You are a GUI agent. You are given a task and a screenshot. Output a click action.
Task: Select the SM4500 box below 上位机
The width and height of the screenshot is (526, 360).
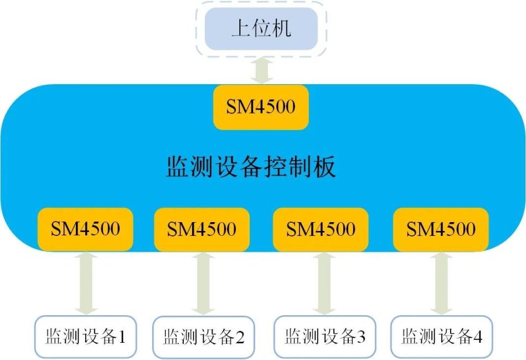click(x=260, y=107)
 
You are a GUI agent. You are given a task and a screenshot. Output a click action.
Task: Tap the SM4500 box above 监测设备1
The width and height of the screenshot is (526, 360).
click(x=86, y=229)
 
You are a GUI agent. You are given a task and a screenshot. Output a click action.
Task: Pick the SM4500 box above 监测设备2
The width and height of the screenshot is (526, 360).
click(x=202, y=229)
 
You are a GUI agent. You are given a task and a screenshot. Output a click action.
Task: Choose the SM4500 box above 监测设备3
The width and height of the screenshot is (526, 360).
click(x=321, y=229)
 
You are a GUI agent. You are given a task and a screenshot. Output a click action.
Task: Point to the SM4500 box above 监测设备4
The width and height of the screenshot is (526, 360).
click(x=441, y=229)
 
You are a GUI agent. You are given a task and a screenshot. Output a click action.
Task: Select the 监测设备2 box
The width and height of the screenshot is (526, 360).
click(x=203, y=336)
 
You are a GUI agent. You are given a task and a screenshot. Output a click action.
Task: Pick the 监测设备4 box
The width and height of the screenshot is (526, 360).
click(x=441, y=336)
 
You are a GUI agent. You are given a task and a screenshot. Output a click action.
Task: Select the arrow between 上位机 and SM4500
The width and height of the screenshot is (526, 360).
click(x=260, y=70)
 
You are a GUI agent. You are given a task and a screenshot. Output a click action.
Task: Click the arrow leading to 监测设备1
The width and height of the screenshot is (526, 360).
click(x=86, y=283)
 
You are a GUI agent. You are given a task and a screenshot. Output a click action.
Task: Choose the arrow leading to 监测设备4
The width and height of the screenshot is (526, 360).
click(x=441, y=283)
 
